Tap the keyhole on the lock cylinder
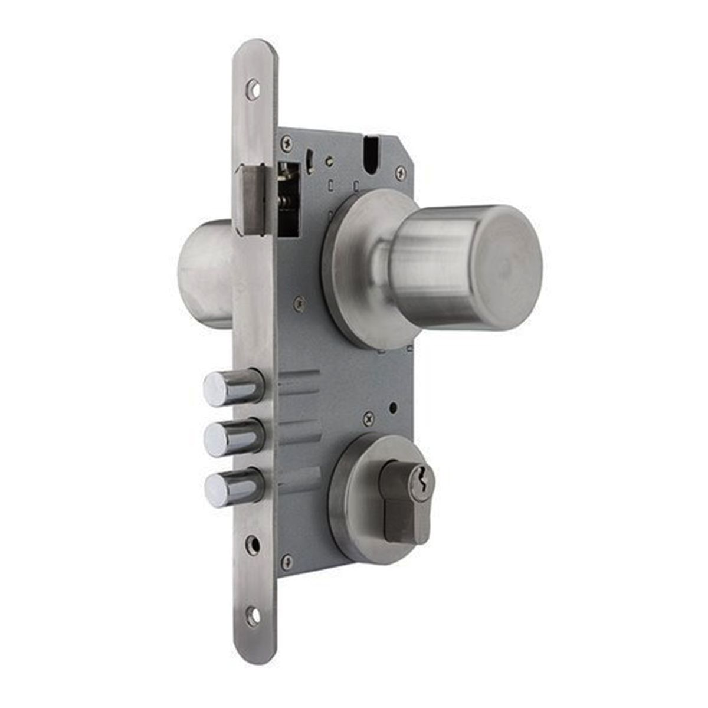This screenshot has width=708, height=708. pos(423,477)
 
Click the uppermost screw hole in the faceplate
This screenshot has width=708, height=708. pos(253,88)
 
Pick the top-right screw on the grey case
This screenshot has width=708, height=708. pos(401,172)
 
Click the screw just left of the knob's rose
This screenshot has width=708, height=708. pos(300,304)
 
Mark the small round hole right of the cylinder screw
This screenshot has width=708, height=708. pos(393,408)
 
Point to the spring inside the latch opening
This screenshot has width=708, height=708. pos(287,198)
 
